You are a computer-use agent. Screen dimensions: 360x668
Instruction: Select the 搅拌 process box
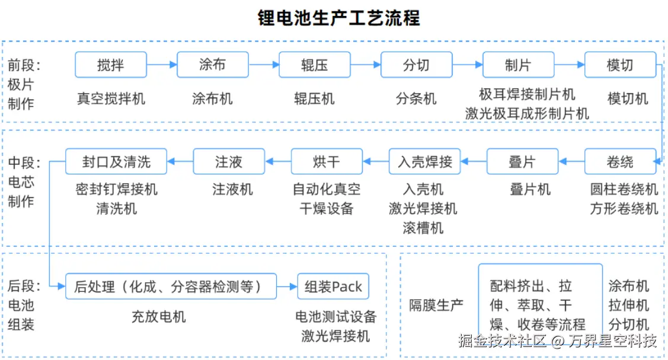click(x=110, y=65)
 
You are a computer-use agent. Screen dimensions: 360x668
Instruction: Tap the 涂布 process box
click(x=212, y=65)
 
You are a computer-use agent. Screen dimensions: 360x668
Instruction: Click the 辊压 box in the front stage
click(x=314, y=65)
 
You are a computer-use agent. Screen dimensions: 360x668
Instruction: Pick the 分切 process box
click(x=416, y=65)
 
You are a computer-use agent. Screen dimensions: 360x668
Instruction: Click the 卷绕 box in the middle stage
click(x=620, y=161)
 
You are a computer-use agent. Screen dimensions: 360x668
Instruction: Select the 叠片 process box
click(x=522, y=161)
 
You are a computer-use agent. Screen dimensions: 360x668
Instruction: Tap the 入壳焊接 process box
click(x=424, y=161)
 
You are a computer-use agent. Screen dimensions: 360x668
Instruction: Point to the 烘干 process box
click(x=327, y=161)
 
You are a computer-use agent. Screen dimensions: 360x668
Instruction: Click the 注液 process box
click(x=229, y=161)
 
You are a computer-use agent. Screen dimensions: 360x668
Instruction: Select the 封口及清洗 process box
click(x=116, y=161)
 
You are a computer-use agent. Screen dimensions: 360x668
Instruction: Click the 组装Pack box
click(x=333, y=286)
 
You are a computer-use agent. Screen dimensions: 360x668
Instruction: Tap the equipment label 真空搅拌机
click(x=111, y=98)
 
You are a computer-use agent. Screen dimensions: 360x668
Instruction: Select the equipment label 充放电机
click(x=158, y=317)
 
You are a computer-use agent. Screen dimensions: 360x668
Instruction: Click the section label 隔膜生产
click(x=437, y=305)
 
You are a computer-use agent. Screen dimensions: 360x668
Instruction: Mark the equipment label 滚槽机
click(x=423, y=228)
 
